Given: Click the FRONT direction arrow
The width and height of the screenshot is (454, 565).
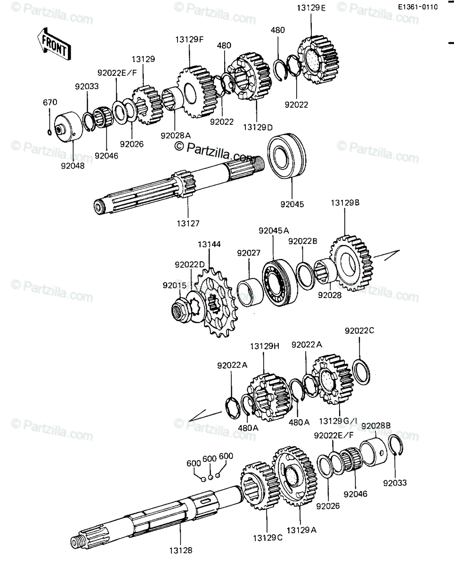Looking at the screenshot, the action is click(54, 44).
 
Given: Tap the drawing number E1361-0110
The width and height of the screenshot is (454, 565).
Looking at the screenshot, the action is click(418, 7).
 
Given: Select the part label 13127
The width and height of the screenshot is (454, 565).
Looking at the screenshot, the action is click(188, 224).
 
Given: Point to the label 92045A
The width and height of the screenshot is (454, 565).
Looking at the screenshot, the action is click(274, 231).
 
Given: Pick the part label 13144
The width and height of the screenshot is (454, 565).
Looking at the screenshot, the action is click(209, 244).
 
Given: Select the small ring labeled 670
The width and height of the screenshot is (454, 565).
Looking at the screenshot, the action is click(49, 132).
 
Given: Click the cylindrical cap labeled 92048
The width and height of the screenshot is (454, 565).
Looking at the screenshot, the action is click(68, 127).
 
